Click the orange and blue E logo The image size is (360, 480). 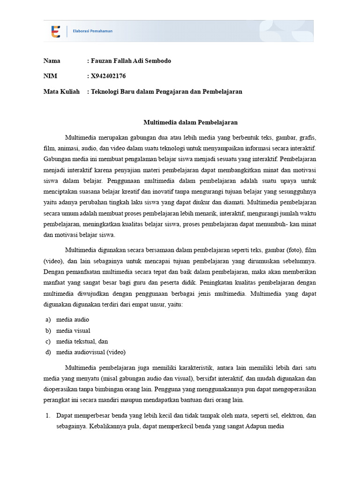[x=56, y=31]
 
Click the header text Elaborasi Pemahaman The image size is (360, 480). [x=92, y=31]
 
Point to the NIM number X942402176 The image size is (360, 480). [x=108, y=76]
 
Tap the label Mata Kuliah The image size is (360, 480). [x=61, y=91]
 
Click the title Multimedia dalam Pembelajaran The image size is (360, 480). [x=190, y=122]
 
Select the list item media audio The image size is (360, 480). [x=73, y=320]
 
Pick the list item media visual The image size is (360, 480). [x=73, y=330]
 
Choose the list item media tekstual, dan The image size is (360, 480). [x=82, y=341]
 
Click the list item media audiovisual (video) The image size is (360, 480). [x=91, y=352]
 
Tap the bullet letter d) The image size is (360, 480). [x=47, y=352]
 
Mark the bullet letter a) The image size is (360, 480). [x=47, y=320]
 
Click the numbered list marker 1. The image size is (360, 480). [x=47, y=416]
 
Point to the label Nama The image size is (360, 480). [x=52, y=61]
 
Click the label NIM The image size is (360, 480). [x=50, y=76]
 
